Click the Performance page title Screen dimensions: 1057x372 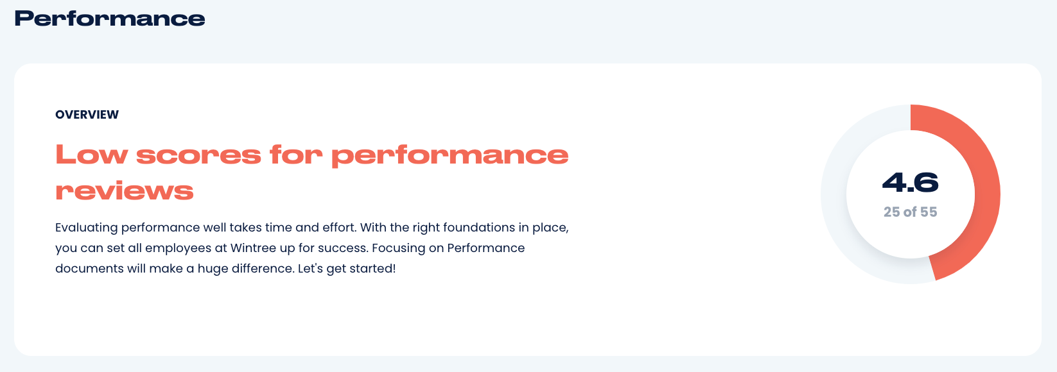click(110, 19)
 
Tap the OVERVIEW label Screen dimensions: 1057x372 click(87, 115)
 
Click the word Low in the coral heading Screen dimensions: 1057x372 click(92, 155)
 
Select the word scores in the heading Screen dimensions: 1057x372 click(198, 155)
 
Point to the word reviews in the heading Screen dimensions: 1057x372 click(125, 191)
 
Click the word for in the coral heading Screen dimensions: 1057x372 click(296, 155)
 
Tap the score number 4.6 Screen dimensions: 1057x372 click(910, 182)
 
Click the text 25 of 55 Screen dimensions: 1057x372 click(910, 212)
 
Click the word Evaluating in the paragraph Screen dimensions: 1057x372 click(86, 228)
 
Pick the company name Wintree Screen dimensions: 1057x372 click(253, 248)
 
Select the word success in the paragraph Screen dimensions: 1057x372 click(342, 248)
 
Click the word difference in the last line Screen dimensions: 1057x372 click(263, 269)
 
